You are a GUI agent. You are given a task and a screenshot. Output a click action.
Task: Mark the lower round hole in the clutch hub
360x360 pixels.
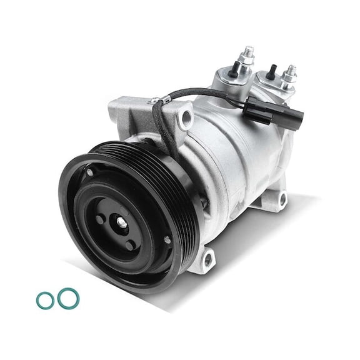coord(130,245)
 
